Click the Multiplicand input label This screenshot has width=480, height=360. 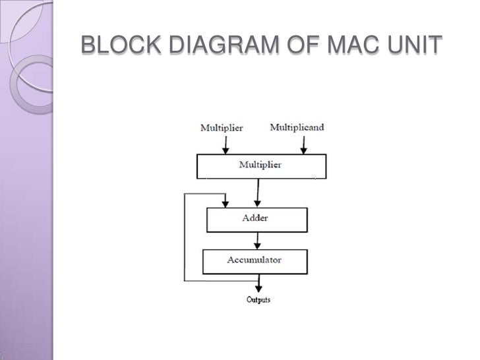pos(297,127)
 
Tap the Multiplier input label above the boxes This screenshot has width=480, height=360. pos(221,128)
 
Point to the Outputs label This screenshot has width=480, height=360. pos(258,300)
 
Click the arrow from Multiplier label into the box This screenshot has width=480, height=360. pos(225,144)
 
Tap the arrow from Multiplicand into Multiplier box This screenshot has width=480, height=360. pos(303,144)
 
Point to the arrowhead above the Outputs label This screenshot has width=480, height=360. pos(258,288)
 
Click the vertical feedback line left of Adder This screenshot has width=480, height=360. pos(184,237)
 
